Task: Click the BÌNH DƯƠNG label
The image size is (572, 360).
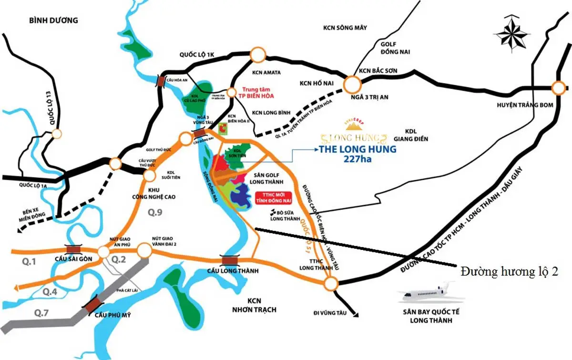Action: click(x=46, y=21)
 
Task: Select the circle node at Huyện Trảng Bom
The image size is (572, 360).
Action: click(x=559, y=89)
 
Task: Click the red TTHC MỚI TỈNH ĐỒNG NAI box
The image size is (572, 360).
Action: click(x=273, y=197)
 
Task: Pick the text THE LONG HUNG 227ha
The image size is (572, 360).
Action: click(x=357, y=154)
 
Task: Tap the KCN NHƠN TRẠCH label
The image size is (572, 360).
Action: click(x=262, y=305)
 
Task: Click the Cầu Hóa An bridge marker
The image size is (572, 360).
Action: click(x=162, y=82)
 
